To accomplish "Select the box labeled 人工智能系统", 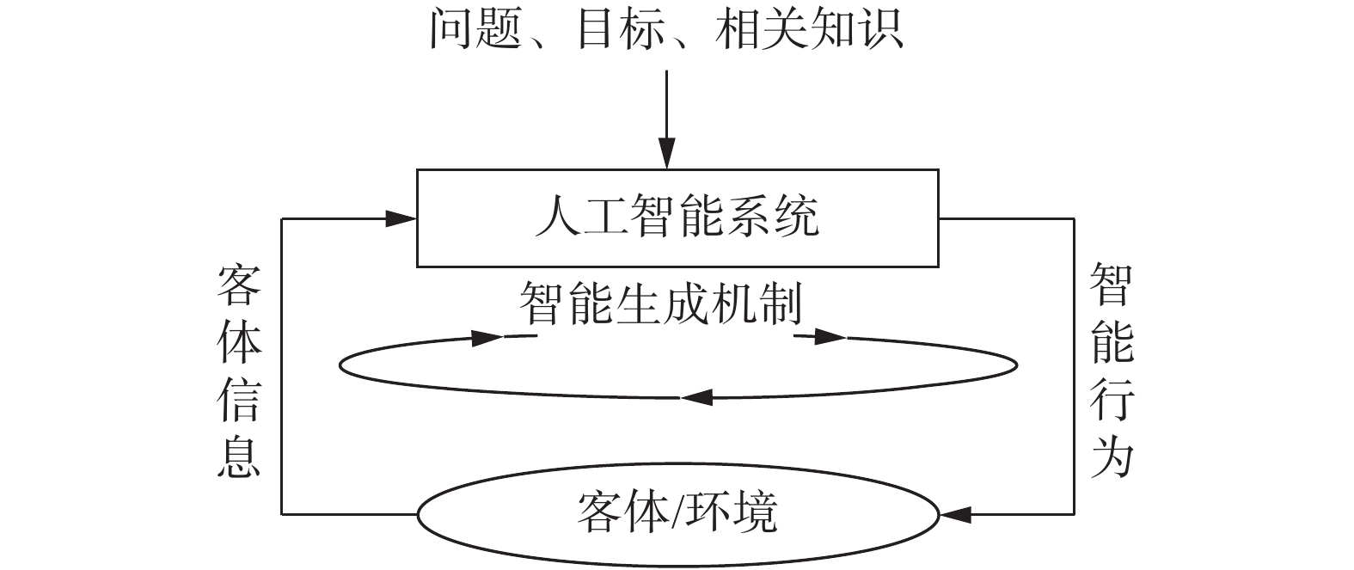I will (x=677, y=218).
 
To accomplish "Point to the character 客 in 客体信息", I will (x=239, y=286).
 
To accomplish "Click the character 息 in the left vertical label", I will (x=239, y=457).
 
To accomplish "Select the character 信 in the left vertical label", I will (x=239, y=400).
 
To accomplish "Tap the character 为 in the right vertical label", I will (x=1112, y=457).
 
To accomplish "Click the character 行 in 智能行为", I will (x=1112, y=400).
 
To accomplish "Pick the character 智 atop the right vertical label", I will (x=1112, y=286).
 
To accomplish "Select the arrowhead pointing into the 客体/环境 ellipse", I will (x=957, y=515).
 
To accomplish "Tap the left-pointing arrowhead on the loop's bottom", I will (x=697, y=397).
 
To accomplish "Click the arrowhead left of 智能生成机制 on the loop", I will (x=487, y=337).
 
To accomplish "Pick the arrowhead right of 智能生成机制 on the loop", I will (x=830, y=337).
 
